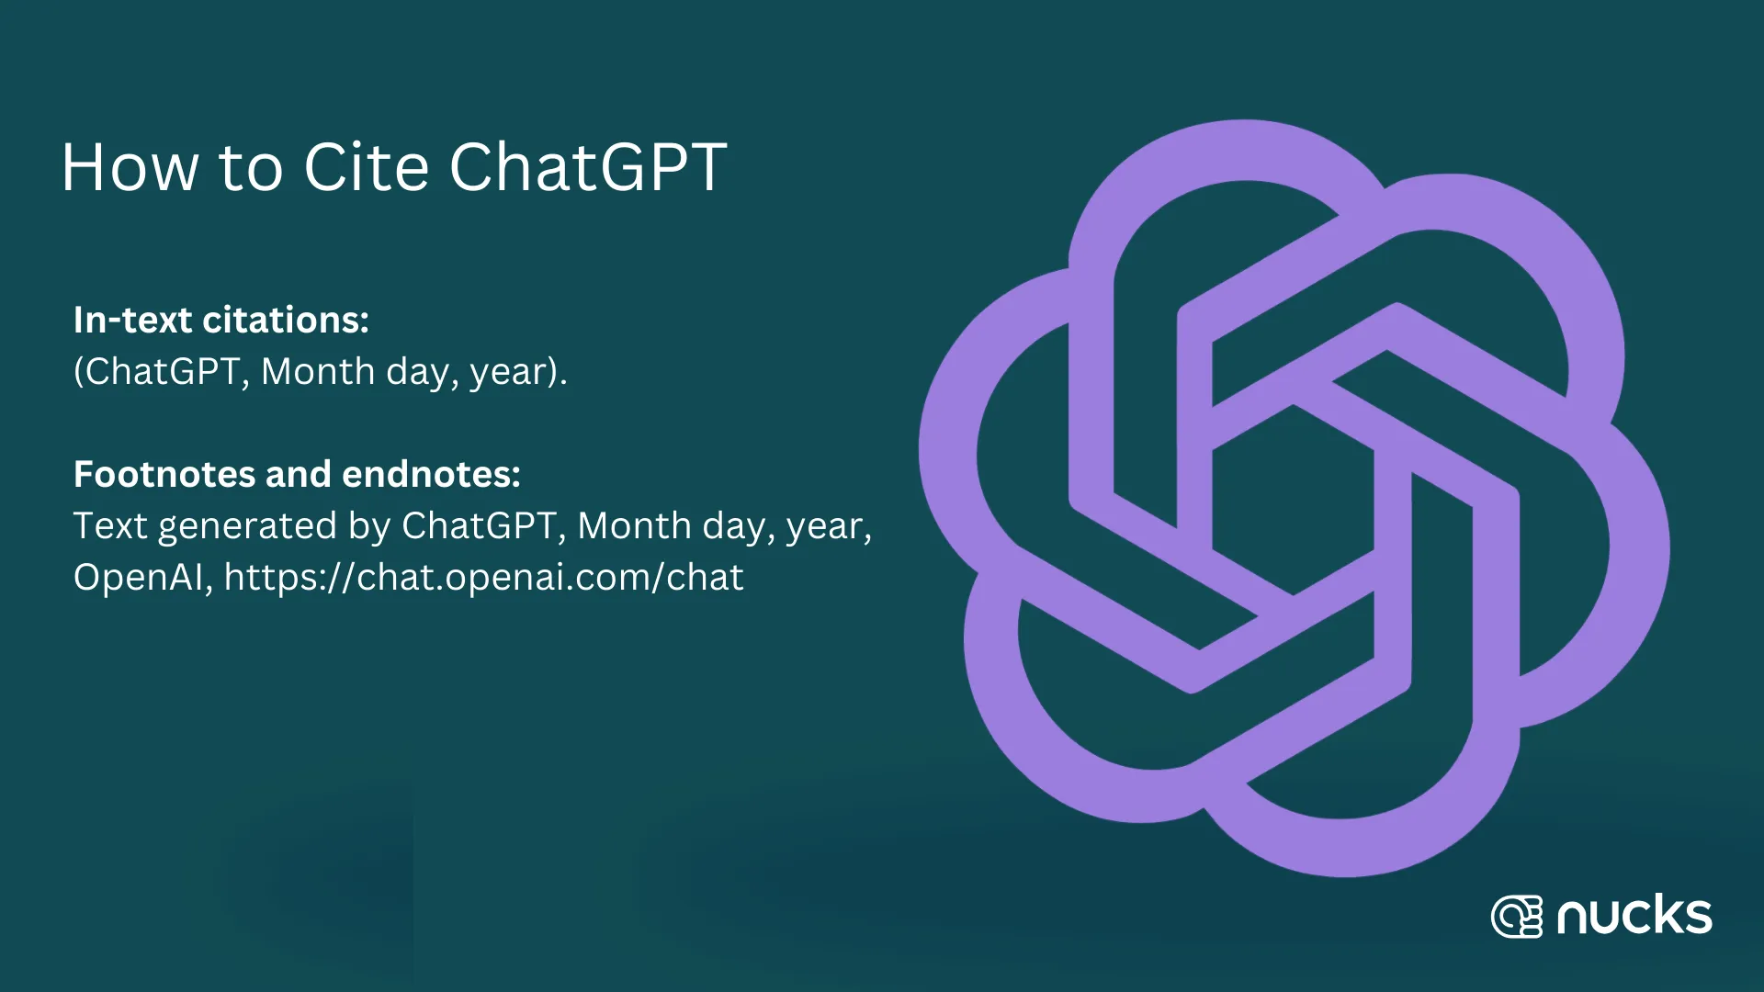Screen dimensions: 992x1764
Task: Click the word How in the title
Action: click(x=130, y=167)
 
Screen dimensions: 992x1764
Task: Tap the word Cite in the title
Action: click(x=366, y=167)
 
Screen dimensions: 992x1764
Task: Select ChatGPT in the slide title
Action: click(x=588, y=167)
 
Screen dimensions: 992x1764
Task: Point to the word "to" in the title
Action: click(x=250, y=169)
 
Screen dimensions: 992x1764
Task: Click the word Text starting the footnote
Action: click(x=110, y=525)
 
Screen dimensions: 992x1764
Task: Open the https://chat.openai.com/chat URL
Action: click(x=484, y=578)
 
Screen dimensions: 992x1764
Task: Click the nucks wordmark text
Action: click(x=1634, y=916)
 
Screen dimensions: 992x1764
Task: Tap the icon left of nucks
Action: click(x=1516, y=916)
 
